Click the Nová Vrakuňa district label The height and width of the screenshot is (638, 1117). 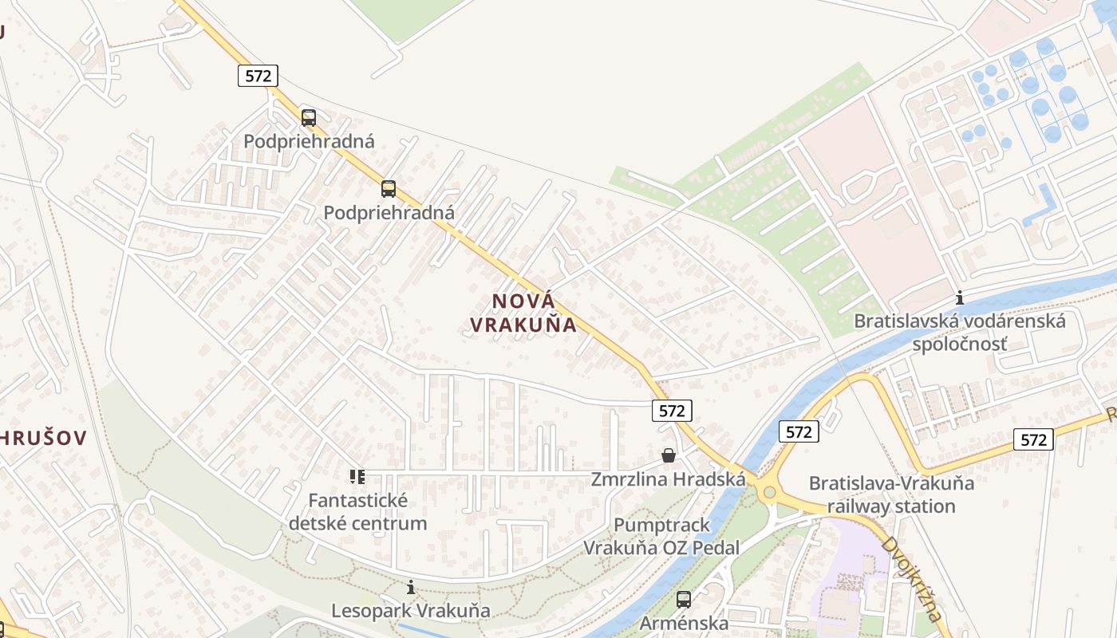(x=523, y=313)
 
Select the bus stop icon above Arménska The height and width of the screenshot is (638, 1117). (x=684, y=600)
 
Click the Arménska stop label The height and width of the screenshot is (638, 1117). (x=684, y=623)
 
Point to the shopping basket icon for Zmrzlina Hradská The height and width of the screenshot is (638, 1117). (x=669, y=455)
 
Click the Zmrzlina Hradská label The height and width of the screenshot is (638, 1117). (x=668, y=479)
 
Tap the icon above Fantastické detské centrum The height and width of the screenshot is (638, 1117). (x=357, y=477)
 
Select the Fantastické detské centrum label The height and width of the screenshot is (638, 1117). (x=357, y=512)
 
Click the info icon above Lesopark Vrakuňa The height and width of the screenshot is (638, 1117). (x=411, y=588)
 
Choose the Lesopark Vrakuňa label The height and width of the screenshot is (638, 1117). (x=411, y=612)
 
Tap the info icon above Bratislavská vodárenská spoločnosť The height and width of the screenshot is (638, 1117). (x=960, y=299)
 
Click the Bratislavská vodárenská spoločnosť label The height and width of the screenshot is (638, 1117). (x=960, y=333)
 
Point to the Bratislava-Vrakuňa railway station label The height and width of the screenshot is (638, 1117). (x=891, y=494)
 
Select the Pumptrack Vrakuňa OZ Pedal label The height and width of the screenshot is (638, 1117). (x=661, y=536)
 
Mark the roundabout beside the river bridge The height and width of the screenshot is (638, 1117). (x=769, y=492)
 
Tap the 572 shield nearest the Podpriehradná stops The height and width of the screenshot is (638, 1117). (x=258, y=76)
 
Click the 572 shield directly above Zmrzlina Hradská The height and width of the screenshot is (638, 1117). (x=672, y=411)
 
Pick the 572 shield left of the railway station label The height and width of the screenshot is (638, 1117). (x=799, y=431)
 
